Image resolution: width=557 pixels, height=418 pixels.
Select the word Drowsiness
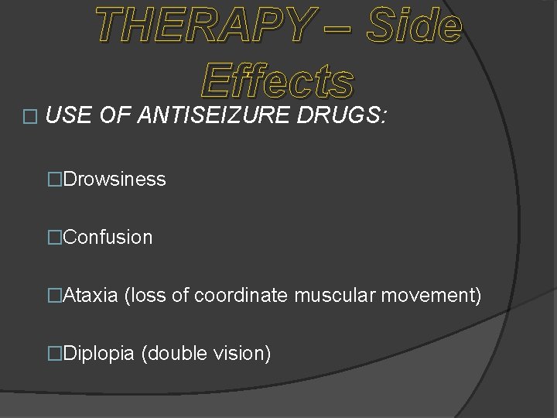[x=114, y=180]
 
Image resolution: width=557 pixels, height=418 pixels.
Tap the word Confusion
[x=108, y=238]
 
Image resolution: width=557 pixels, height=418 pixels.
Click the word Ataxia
[x=91, y=296]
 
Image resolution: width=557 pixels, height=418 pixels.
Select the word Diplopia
[x=99, y=354]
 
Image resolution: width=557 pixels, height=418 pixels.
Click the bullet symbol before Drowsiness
[x=54, y=180]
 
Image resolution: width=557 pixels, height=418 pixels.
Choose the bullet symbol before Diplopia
[x=54, y=354]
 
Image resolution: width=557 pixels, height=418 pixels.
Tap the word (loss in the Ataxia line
[x=143, y=296]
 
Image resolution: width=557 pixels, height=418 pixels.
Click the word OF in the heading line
[x=108, y=116]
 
